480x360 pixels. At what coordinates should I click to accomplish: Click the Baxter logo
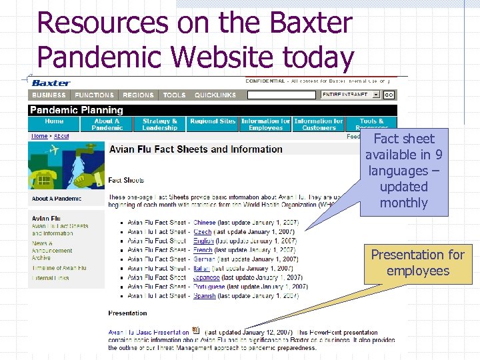[51, 83]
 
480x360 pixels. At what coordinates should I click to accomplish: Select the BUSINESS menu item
[49, 95]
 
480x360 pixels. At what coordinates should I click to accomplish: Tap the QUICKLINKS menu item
[215, 95]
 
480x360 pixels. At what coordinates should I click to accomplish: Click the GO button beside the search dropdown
[389, 95]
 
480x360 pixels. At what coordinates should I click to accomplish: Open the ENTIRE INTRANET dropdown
[350, 95]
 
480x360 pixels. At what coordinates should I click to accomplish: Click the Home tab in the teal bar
[54, 124]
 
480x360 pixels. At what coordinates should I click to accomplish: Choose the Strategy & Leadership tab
[160, 124]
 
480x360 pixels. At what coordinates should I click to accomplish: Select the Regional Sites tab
[213, 121]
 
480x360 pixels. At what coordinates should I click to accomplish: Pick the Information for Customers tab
[319, 124]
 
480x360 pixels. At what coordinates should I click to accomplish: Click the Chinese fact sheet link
[205, 223]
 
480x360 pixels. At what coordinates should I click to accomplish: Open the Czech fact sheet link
[203, 232]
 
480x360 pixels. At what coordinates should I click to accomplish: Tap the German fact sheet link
[204, 259]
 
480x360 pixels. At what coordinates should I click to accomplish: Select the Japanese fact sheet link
[207, 278]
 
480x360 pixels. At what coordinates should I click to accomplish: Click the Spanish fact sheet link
[204, 296]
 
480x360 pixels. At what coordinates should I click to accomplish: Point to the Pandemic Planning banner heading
[77, 110]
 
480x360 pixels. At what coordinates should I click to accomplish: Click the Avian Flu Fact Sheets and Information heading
[195, 149]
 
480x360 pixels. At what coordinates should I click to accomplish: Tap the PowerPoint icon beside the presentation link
[195, 331]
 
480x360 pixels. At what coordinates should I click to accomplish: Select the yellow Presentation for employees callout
[417, 263]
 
